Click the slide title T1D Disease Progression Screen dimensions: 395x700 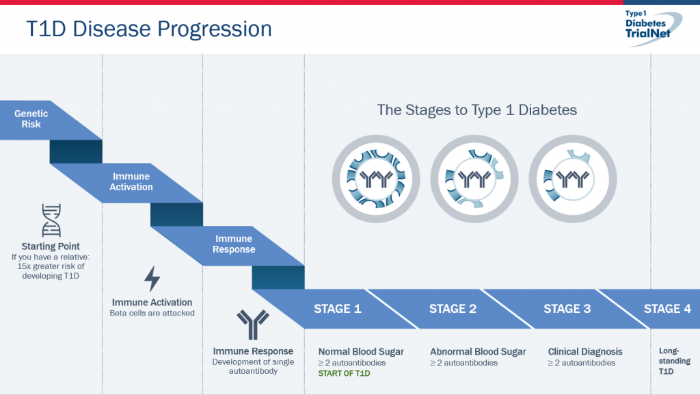click(x=149, y=29)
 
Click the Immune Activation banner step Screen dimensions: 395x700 click(x=131, y=181)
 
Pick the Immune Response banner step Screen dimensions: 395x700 click(x=233, y=244)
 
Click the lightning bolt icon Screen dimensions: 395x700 click(x=152, y=279)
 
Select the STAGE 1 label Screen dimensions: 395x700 click(x=338, y=309)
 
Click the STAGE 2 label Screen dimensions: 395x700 click(x=453, y=309)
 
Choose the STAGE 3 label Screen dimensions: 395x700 click(x=567, y=309)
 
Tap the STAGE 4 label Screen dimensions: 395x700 click(x=667, y=309)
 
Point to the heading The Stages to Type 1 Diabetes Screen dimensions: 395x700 click(x=477, y=110)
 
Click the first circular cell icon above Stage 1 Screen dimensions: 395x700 click(x=377, y=179)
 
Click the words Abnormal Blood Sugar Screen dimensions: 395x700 click(x=478, y=352)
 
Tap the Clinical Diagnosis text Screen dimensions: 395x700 click(x=585, y=352)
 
